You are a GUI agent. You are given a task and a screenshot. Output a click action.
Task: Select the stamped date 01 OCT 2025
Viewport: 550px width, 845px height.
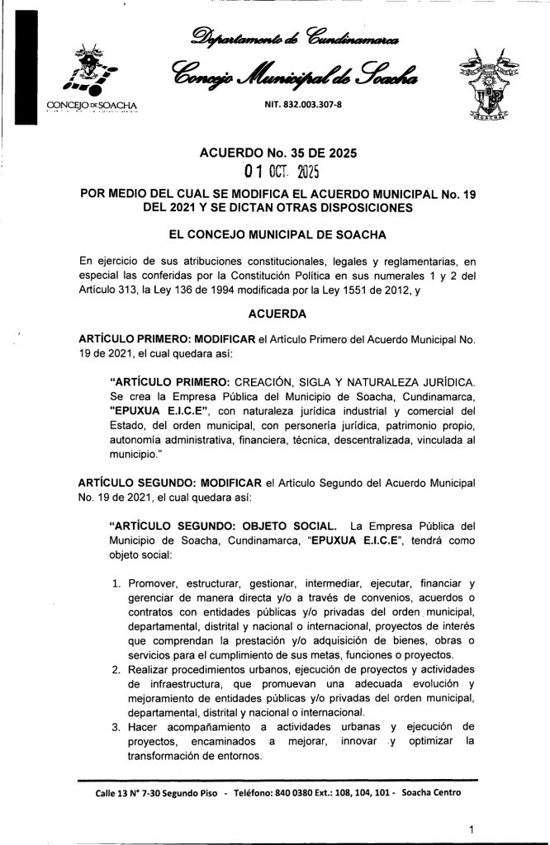point(277,172)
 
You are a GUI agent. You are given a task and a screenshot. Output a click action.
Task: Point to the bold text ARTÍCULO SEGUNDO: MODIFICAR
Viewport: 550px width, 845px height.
point(169,480)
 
